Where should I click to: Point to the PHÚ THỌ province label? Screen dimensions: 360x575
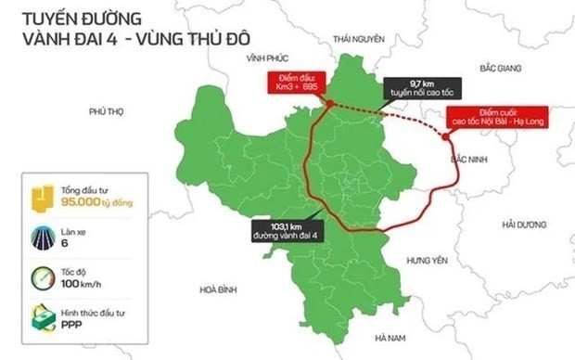point(107,111)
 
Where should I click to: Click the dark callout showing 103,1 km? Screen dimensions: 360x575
point(289,228)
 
